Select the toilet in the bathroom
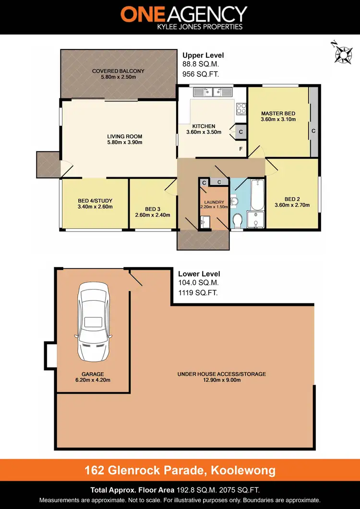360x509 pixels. pyautogui.click(x=237, y=221)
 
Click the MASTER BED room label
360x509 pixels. pyautogui.click(x=278, y=113)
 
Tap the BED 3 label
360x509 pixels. pyautogui.click(x=152, y=209)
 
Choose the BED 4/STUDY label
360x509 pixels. pyautogui.click(x=95, y=201)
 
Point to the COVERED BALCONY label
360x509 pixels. pyautogui.click(x=118, y=71)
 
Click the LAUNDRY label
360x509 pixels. pyautogui.click(x=214, y=202)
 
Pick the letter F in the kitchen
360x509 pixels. pyautogui.click(x=241, y=149)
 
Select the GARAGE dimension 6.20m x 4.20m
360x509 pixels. pyautogui.click(x=93, y=380)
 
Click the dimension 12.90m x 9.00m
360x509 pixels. pyautogui.click(x=221, y=380)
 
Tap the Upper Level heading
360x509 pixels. pyautogui.click(x=203, y=55)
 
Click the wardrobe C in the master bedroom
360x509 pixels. pyautogui.click(x=313, y=130)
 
